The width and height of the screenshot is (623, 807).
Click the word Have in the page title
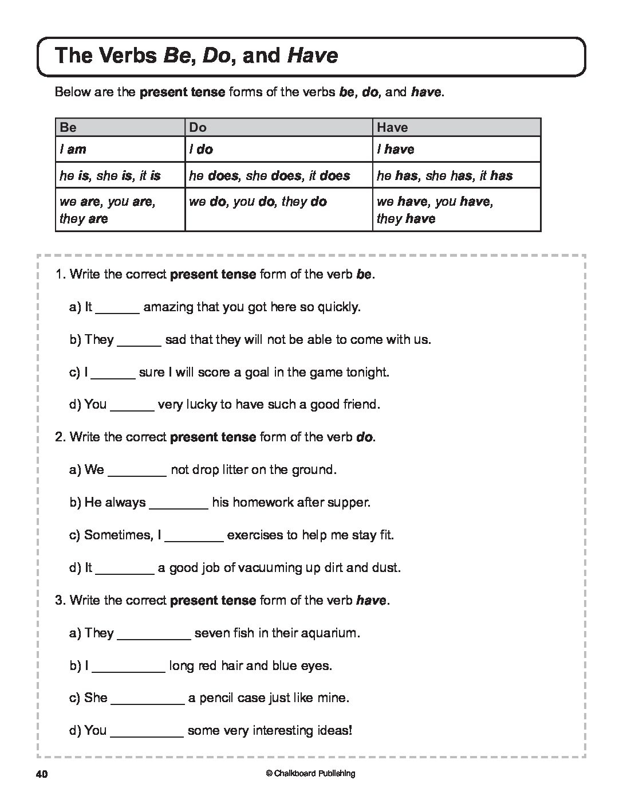pos(312,56)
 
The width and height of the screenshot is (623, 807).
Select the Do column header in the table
pos(198,127)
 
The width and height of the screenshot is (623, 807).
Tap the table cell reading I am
pos(73,150)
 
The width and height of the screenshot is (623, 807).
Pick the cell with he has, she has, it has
pos(444,175)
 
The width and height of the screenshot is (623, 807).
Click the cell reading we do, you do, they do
pos(258,202)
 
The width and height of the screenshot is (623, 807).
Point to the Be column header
pos(68,127)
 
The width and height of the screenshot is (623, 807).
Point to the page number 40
pos(41,774)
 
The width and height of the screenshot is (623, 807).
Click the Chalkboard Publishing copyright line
pos(310,774)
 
